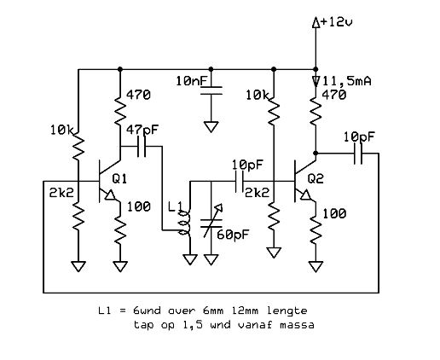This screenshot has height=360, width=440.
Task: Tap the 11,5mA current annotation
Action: pyautogui.click(x=347, y=81)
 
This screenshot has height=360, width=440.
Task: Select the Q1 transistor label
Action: pyautogui.click(x=119, y=179)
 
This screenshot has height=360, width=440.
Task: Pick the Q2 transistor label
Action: pyautogui.click(x=316, y=179)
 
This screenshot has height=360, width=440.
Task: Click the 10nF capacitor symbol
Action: pyautogui.click(x=211, y=90)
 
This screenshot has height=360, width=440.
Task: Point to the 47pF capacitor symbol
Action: pyautogui.click(x=142, y=147)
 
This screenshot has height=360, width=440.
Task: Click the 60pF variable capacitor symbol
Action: pyautogui.click(x=211, y=224)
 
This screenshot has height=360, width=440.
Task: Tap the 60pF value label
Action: pyautogui.click(x=233, y=235)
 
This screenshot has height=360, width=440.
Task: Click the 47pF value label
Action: pyautogui.click(x=142, y=130)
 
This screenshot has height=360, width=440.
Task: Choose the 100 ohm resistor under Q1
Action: pyautogui.click(x=120, y=229)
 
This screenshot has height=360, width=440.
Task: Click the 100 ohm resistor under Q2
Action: pyautogui.click(x=316, y=229)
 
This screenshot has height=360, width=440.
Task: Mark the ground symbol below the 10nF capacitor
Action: pyautogui.click(x=211, y=126)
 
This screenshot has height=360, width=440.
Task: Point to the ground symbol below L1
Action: pyautogui.click(x=190, y=259)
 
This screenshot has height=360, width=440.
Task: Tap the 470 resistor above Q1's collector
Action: pyautogui.click(x=120, y=111)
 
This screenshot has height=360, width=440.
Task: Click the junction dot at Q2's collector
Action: pyautogui.click(x=316, y=154)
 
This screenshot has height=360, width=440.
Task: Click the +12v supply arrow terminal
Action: pyautogui.click(x=316, y=23)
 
